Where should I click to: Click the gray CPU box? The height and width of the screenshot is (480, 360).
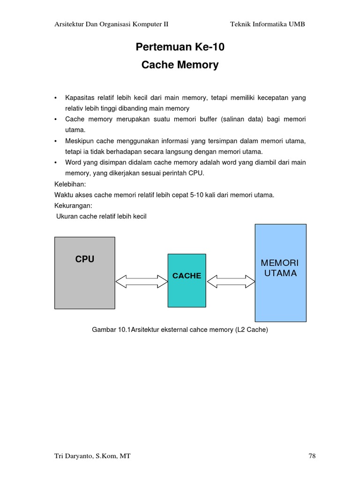[x=84, y=273]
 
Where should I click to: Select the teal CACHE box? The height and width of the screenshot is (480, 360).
[x=187, y=280]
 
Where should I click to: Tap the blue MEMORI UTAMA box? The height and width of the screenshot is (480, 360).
[x=280, y=273]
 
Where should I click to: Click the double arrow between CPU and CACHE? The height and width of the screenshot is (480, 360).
[x=141, y=281]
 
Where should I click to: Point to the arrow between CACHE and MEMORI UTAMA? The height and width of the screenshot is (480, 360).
[x=231, y=281]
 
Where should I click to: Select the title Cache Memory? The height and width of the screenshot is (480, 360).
[x=180, y=65]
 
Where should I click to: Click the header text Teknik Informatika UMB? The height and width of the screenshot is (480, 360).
[x=267, y=24]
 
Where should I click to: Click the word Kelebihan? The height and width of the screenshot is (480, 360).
[x=70, y=184]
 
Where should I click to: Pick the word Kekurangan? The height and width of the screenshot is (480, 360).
[x=73, y=206]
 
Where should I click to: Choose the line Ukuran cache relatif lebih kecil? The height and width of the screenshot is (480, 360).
[x=101, y=217]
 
